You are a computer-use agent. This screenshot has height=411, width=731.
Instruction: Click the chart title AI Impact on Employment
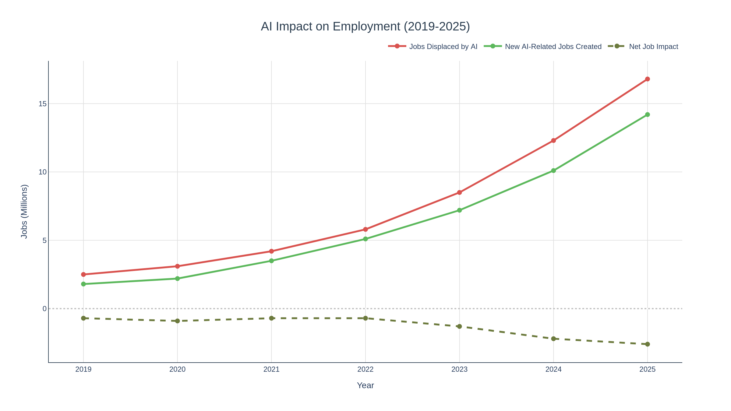[365, 26]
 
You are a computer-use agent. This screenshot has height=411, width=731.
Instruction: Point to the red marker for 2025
[647, 79]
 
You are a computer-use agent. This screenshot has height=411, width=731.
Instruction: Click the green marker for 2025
[647, 114]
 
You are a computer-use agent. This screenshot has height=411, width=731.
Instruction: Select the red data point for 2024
[553, 141]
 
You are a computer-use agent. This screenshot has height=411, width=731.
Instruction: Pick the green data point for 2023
[459, 210]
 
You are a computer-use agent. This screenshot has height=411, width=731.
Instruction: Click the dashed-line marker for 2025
[647, 344]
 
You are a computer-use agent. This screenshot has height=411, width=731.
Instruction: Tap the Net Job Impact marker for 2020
[178, 321]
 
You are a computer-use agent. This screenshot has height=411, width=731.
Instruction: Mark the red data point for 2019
[83, 274]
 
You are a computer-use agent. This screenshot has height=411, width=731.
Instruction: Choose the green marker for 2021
[271, 261]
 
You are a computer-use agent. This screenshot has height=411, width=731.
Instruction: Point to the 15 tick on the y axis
[42, 104]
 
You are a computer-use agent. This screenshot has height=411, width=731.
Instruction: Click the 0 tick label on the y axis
[44, 309]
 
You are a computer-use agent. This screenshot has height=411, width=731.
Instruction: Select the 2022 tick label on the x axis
[365, 370]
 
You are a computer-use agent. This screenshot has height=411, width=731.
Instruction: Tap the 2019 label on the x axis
[83, 370]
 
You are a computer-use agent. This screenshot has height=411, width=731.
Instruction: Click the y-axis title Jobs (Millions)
[24, 211]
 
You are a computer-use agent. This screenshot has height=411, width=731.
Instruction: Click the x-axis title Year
[365, 385]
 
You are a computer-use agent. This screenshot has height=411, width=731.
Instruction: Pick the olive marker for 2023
[459, 326]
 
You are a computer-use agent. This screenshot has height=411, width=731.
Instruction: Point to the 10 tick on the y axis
[42, 172]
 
